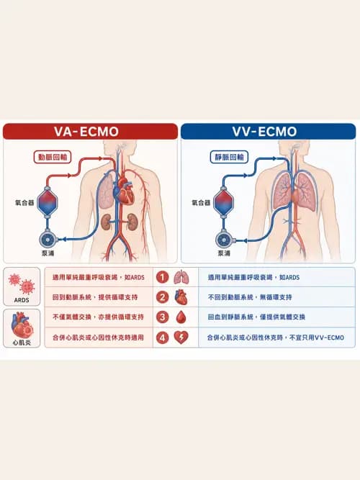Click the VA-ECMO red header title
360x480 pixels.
pos(86,132)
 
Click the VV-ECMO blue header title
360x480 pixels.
pos(264,132)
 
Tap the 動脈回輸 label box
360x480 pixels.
pos(53,157)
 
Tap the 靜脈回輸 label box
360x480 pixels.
pos(229,157)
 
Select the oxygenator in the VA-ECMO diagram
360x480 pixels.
pos(48,201)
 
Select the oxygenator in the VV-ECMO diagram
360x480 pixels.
pos(223,201)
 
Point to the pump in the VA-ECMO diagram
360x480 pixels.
pos(48,239)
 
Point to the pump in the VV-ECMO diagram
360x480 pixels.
pos(224,239)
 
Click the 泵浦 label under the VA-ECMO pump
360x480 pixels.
pos(48,253)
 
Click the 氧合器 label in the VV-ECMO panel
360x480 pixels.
pos(201,202)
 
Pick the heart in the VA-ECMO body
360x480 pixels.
pos(125,192)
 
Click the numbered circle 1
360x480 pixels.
pos(163,277)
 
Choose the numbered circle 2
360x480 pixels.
pos(163,297)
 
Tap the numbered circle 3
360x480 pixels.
pos(163,317)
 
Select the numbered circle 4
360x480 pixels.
pos(163,338)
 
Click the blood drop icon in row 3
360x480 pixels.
pos(181,317)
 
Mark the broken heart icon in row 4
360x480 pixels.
pos(181,338)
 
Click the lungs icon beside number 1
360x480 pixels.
pos(181,277)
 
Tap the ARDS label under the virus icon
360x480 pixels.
pos(22,300)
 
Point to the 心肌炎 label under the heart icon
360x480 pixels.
pos(22,343)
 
